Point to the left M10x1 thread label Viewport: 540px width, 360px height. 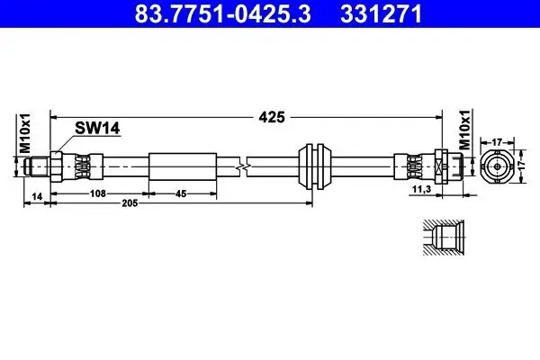(24, 136)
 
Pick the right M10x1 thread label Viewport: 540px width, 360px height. (464, 131)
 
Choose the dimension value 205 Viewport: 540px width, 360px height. (131, 206)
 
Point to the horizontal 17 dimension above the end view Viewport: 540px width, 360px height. (495, 140)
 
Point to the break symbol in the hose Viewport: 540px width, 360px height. (240, 166)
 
